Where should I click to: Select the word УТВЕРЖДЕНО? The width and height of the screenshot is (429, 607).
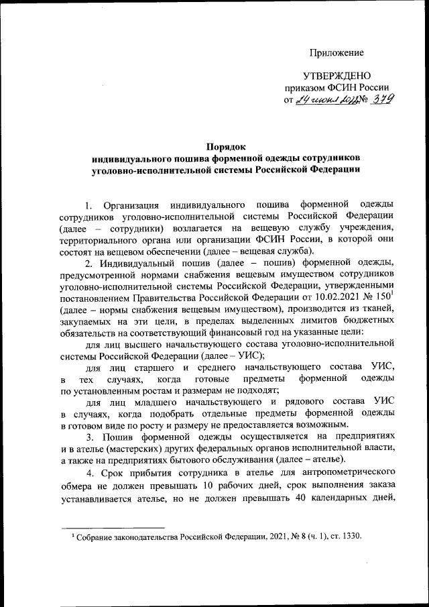[336, 76]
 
